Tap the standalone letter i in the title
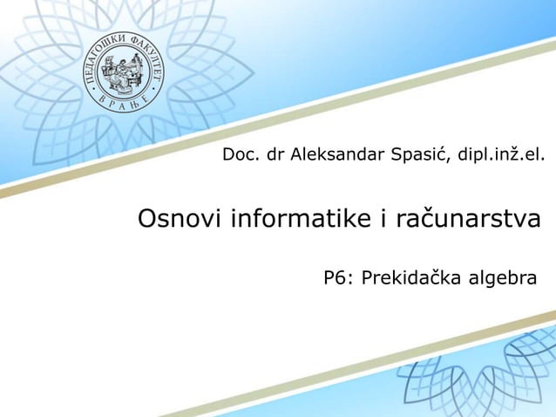tap(382, 218)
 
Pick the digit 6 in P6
tap(341, 278)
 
